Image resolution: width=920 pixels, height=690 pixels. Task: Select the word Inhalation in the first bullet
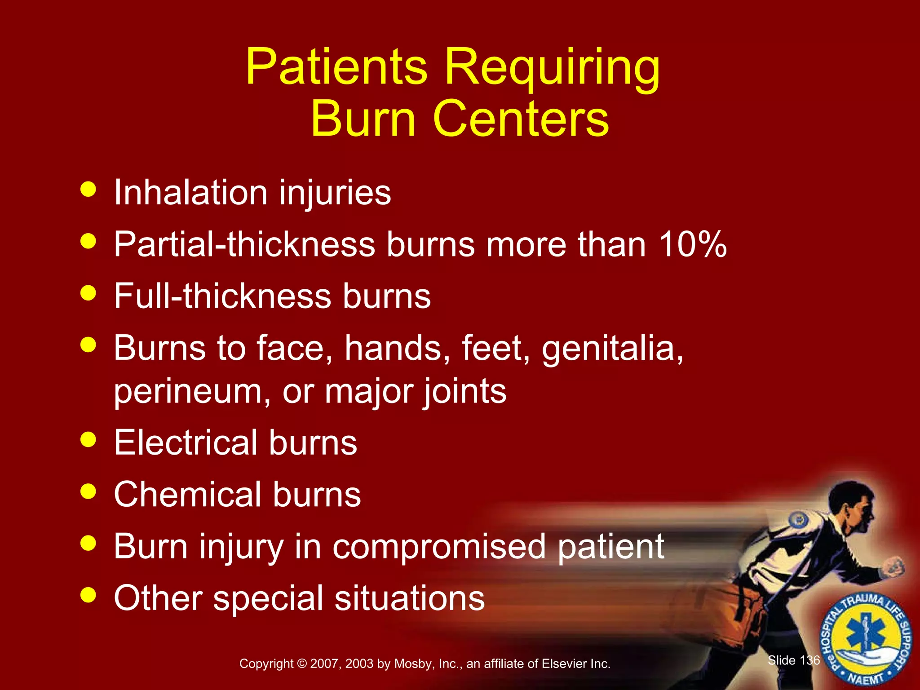pyautogui.click(x=190, y=193)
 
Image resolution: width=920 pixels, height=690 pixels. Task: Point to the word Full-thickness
pyautogui.click(x=222, y=296)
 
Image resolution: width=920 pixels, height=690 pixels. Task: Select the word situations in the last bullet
pyautogui.click(x=409, y=598)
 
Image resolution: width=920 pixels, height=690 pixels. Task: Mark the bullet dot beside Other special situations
pyautogui.click(x=88, y=595)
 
